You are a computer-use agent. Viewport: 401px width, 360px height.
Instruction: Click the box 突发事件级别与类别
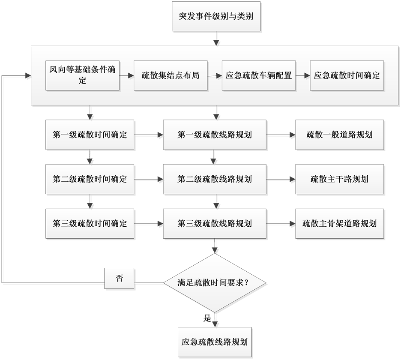(216, 16)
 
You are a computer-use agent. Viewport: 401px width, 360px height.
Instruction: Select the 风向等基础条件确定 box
(82, 75)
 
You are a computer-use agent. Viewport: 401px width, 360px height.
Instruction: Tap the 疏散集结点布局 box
(171, 75)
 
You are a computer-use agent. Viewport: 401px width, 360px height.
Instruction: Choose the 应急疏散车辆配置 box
(259, 75)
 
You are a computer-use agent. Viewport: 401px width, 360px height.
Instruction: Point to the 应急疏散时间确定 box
(347, 75)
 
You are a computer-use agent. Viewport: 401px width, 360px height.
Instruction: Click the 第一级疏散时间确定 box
(90, 135)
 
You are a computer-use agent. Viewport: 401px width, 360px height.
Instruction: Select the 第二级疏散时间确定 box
(90, 179)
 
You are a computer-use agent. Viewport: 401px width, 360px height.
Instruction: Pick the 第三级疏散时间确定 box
(90, 223)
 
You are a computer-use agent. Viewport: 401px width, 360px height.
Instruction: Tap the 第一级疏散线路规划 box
(215, 135)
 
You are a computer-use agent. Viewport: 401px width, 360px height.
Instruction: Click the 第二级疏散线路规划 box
(215, 179)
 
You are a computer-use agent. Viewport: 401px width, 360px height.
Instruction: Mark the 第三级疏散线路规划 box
(215, 223)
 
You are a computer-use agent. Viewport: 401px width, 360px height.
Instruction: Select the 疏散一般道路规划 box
(339, 135)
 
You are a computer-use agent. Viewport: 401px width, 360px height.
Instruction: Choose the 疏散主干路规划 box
(339, 179)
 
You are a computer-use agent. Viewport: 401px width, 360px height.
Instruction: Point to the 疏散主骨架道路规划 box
(339, 223)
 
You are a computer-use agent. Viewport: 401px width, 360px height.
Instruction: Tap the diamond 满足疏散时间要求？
(215, 283)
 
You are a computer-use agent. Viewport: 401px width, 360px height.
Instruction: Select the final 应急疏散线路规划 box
(215, 342)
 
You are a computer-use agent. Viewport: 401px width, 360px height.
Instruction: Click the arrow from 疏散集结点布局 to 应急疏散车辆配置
(215, 76)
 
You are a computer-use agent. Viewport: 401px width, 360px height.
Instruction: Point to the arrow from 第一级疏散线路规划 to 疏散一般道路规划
(281, 135)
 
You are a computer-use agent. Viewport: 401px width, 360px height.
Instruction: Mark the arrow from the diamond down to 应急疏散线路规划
(216, 320)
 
